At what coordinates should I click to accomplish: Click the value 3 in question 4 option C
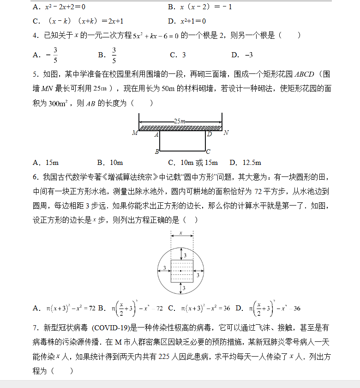coord(184,55)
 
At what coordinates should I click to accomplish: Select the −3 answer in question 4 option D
coord(249,55)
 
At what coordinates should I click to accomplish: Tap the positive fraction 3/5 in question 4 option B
coord(114,55)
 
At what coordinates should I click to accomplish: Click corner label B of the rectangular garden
coord(157,151)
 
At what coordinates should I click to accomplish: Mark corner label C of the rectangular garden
coord(209,151)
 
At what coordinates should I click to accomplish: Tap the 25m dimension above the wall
coord(180,121)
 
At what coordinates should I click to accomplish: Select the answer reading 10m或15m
coord(199,163)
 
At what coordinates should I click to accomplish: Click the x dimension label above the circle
coord(181,233)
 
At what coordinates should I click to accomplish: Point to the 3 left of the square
coord(164,268)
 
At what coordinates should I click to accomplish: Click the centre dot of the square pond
coord(181,271)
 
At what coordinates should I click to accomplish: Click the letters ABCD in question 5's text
coord(304,74)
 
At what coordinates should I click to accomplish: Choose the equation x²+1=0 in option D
coord(193,21)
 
